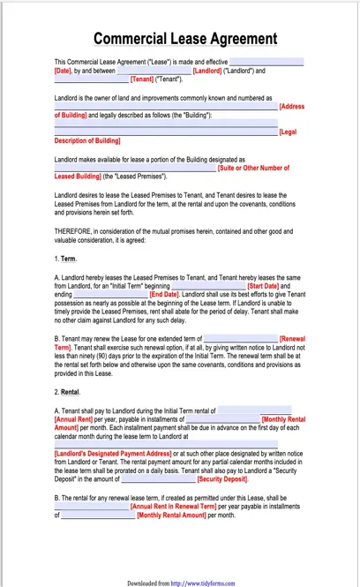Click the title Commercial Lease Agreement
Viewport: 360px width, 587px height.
184,39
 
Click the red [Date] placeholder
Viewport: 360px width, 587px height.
63,70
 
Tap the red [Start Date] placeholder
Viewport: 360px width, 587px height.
263,286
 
